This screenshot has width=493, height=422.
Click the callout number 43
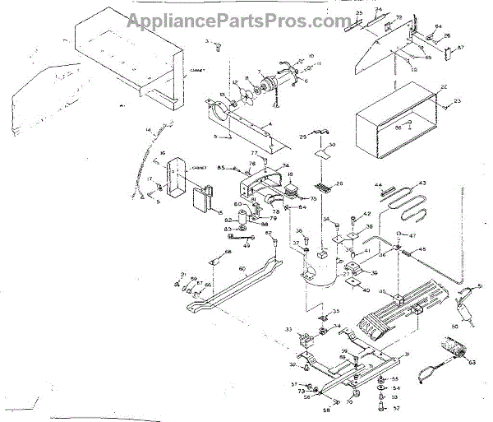tap(423, 183)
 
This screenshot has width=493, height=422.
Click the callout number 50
tap(455, 326)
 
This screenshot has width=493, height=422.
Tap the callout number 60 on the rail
tap(242, 268)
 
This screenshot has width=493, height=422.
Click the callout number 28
tap(339, 183)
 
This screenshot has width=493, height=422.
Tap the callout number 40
tap(366, 290)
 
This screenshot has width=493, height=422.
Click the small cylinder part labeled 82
tap(244, 220)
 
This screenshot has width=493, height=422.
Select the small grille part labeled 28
tap(323, 186)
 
